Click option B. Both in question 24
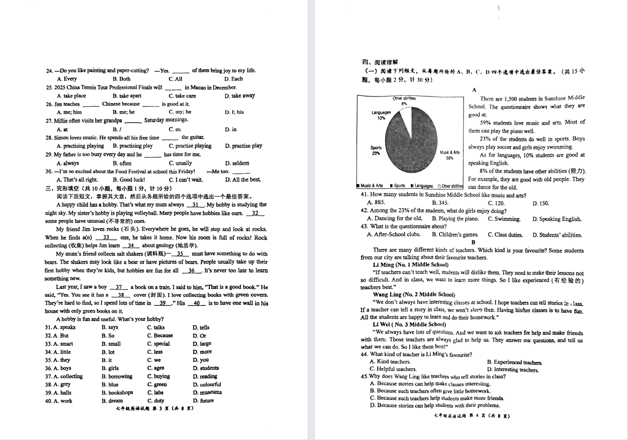point(121,79)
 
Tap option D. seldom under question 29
point(237,163)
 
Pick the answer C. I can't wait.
point(186,180)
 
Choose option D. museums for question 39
point(207,393)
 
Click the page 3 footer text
point(154,409)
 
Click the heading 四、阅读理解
point(380,62)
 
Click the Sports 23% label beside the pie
point(376,150)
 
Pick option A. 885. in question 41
point(376,203)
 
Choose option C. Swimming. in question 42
point(504,219)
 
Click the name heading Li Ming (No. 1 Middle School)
point(404,265)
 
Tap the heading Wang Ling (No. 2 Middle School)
point(414,295)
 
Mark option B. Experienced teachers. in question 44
point(515,362)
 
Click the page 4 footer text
point(472,416)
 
